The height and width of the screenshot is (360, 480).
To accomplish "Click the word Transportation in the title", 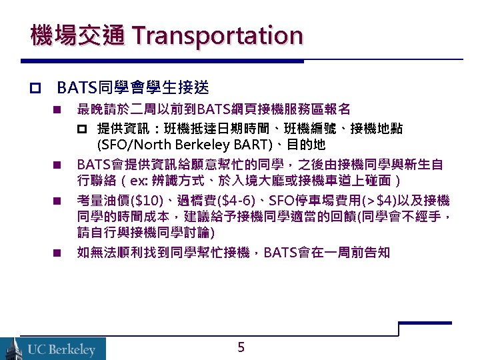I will click(x=217, y=35).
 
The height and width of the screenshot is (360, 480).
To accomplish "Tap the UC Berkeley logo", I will click(x=53, y=348).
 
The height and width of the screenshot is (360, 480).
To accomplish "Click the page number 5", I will click(x=241, y=347).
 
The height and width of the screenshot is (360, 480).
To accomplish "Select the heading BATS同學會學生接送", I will click(x=133, y=87).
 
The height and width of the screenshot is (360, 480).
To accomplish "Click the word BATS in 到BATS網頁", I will click(x=215, y=109).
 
